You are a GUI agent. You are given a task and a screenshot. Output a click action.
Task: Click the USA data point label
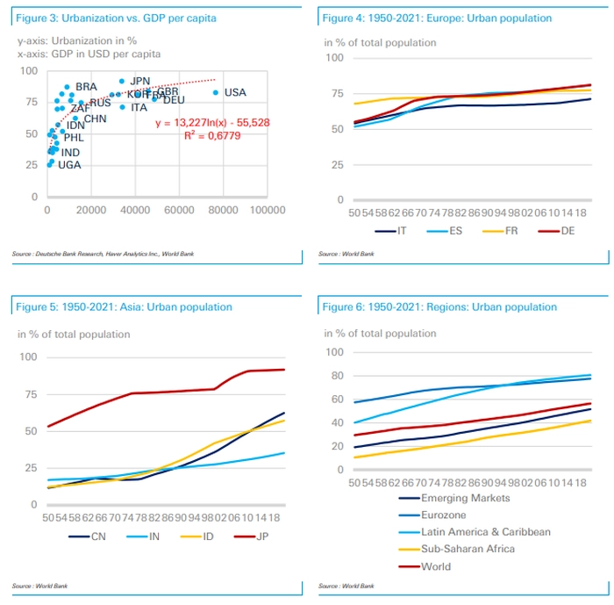tap(235, 92)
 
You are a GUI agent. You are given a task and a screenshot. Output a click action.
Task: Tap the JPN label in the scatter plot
tap(140, 81)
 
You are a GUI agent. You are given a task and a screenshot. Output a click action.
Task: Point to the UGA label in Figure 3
tap(69, 165)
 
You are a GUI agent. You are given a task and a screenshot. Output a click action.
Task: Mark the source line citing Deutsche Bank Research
tap(103, 255)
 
